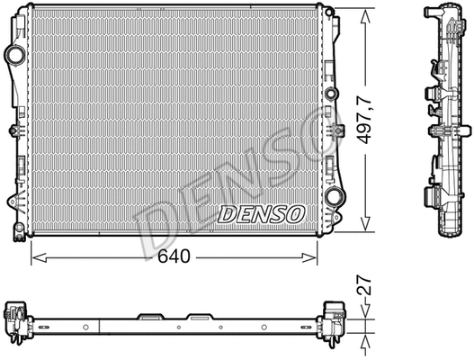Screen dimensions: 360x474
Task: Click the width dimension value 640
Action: [176, 257]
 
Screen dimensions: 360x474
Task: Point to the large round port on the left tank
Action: [15, 57]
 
